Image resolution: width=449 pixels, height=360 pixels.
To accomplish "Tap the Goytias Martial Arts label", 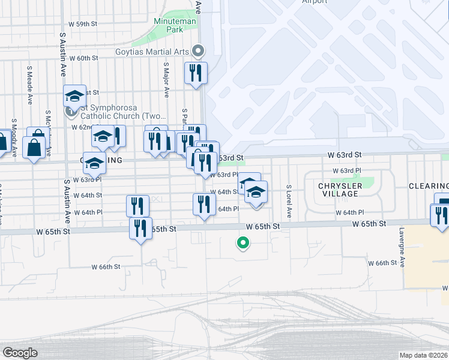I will [153, 51].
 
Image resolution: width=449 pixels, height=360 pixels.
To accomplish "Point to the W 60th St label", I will [83, 58].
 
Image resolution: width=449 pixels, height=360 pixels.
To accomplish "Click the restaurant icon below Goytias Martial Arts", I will [196, 74].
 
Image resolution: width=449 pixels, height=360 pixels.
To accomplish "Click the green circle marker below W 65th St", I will [243, 243].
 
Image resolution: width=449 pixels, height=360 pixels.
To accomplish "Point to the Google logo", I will [19, 353].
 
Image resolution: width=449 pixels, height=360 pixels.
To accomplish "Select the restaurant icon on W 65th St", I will [140, 229].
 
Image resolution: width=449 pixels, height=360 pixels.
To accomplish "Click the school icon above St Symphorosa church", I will [75, 97].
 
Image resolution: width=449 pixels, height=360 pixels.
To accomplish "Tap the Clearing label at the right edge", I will [429, 186].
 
